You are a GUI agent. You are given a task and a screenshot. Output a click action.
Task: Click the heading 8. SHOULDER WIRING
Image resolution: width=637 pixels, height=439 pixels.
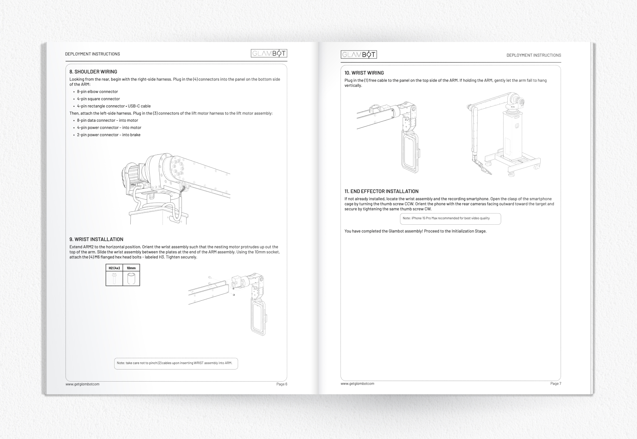(93, 72)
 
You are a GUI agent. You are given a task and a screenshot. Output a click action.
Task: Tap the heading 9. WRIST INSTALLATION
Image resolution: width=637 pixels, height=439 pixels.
(96, 239)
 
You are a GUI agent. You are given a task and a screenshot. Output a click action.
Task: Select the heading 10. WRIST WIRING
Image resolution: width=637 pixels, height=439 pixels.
(364, 73)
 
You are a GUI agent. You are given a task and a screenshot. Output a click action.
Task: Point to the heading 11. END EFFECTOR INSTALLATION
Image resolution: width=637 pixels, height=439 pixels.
(381, 191)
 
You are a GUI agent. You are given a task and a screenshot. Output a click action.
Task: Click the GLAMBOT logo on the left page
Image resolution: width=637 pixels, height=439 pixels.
(269, 53)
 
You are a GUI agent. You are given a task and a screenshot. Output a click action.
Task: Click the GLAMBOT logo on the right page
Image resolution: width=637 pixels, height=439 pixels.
(358, 54)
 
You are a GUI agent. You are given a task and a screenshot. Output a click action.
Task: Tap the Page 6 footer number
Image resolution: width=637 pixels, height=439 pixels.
(281, 384)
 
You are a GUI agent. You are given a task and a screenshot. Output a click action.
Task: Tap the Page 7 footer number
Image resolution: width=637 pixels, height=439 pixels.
(555, 383)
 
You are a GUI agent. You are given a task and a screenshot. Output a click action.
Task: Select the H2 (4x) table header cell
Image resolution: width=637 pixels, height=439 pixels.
(114, 268)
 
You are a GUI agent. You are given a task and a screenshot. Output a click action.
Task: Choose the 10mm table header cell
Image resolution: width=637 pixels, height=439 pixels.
(131, 268)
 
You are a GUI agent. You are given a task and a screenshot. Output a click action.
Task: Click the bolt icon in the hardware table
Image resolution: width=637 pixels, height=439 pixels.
(114, 278)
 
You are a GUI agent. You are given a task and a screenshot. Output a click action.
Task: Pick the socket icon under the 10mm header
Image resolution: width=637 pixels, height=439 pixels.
(131, 278)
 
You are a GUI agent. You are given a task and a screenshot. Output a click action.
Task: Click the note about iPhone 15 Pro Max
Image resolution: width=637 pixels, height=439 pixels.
(450, 218)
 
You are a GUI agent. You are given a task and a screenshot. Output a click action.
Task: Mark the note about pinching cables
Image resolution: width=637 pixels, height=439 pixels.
(176, 363)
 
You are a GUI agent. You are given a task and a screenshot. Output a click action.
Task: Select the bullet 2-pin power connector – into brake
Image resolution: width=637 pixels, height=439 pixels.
(108, 135)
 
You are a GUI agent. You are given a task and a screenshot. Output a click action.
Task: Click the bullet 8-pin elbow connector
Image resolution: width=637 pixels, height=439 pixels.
(97, 92)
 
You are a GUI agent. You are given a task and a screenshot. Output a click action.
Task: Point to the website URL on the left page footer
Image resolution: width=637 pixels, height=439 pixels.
(82, 384)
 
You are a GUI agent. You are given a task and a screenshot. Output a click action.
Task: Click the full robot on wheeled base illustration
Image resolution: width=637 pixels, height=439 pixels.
(504, 134)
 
